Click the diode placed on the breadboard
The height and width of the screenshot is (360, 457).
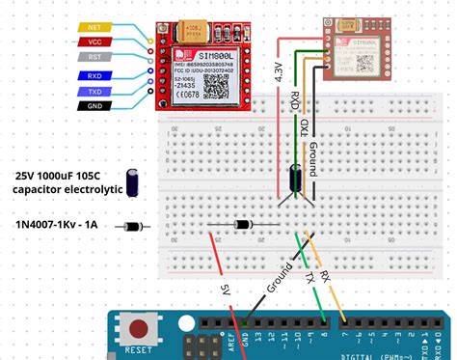click(242, 224)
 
